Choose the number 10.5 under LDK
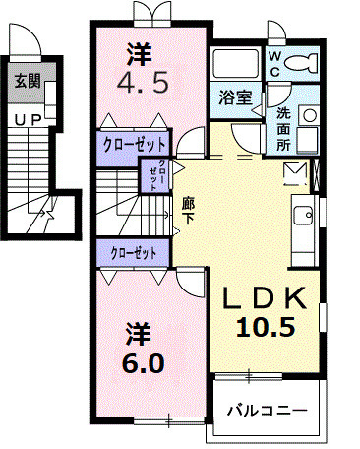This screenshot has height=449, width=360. [x=265, y=328]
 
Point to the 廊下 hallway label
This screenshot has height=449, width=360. [x=188, y=211]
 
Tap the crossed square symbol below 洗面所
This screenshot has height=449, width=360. [x=295, y=173]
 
